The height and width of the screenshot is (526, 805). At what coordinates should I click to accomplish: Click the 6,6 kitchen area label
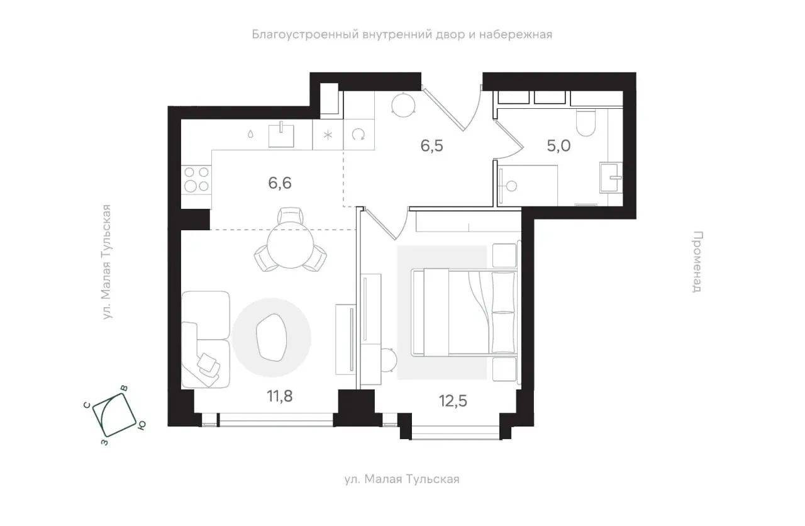(280, 183)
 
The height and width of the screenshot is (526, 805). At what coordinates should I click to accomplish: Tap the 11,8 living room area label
(280, 396)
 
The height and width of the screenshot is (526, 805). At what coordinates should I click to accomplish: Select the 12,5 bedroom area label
(453, 401)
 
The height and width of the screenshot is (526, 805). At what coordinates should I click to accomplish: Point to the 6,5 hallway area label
(431, 146)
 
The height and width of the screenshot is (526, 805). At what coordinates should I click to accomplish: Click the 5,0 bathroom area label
(558, 146)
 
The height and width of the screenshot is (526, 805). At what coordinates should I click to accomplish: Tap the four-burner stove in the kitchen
(196, 179)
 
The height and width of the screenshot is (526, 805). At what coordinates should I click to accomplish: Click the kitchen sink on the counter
(281, 135)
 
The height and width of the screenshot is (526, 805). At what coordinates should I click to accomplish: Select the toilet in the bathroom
(586, 123)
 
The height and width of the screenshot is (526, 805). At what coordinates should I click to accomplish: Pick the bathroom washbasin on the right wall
(611, 177)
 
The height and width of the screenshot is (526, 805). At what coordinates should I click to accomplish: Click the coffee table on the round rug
(272, 338)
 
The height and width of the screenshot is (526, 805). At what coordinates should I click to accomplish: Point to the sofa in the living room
(206, 339)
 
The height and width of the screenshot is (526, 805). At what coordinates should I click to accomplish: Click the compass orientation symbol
(114, 415)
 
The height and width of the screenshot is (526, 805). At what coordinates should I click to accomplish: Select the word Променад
(697, 262)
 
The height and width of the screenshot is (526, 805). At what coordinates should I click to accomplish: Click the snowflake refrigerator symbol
(328, 135)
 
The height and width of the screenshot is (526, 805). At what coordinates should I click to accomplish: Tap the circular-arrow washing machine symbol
(358, 135)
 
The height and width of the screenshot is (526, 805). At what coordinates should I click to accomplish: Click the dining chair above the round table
(291, 216)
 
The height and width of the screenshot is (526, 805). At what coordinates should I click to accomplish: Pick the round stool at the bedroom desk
(389, 360)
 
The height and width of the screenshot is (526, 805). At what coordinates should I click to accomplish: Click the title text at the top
(402, 35)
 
